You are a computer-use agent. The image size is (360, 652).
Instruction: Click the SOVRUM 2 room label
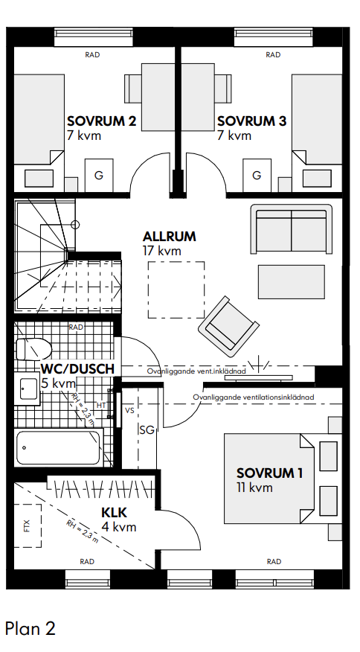(x=102, y=121)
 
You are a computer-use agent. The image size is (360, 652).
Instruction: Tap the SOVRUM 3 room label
(x=252, y=121)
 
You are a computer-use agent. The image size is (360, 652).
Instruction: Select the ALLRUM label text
(x=169, y=237)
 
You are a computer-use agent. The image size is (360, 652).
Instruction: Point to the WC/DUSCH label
(x=77, y=369)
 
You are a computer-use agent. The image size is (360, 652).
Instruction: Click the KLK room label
(x=114, y=512)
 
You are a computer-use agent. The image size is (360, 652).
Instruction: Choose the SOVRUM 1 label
(x=270, y=473)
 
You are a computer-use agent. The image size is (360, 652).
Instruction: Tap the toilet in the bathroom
(x=33, y=348)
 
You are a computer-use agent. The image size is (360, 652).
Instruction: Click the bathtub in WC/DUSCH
(x=59, y=447)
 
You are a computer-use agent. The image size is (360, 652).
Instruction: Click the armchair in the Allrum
(x=228, y=327)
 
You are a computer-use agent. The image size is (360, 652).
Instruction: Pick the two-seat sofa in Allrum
(x=292, y=228)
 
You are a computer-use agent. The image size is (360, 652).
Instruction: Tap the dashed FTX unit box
(x=28, y=525)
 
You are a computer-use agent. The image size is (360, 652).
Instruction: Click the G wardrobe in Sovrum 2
(x=99, y=175)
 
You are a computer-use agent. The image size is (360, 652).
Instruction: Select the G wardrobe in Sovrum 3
(x=257, y=175)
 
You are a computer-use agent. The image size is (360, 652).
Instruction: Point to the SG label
(x=147, y=430)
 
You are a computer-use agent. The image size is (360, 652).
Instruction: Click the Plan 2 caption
(x=30, y=628)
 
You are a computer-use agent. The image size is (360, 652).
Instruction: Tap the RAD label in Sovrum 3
(x=273, y=54)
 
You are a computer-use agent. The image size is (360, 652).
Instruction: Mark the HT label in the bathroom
(x=101, y=405)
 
